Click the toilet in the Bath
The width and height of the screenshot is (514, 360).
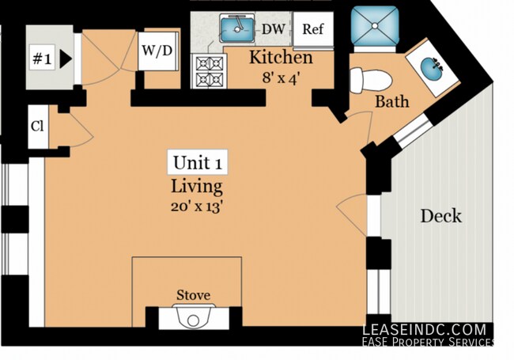[370, 81]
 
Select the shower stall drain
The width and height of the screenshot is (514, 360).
[375, 25]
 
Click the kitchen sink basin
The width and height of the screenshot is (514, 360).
[237, 29]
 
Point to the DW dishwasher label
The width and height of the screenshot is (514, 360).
[274, 29]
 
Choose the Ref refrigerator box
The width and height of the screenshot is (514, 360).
[313, 29]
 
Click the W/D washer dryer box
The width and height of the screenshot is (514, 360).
[157, 51]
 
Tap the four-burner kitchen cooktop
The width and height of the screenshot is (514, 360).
[209, 71]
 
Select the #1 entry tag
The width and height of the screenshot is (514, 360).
[42, 59]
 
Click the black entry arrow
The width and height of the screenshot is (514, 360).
[65, 59]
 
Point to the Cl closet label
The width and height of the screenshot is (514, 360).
[37, 127]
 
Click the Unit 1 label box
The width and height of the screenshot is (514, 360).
[198, 162]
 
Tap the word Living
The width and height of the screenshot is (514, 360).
[197, 187]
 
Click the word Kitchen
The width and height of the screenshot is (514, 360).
[281, 58]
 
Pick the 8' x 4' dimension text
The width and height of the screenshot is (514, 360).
[281, 78]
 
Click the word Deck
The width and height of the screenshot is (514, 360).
[441, 216]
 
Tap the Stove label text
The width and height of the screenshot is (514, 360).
[194, 295]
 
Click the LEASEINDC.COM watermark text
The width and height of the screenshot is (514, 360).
[424, 329]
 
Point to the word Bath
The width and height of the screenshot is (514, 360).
[392, 101]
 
